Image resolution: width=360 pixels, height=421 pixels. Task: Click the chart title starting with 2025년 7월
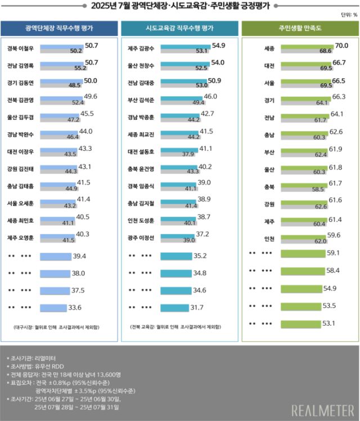coord(179,7)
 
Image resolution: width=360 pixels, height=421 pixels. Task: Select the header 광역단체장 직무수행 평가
coord(60,28)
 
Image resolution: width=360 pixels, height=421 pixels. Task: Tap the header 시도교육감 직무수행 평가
coord(179,28)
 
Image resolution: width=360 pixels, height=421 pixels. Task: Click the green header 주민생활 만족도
coord(299,28)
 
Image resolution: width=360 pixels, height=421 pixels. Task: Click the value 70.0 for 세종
coord(341,45)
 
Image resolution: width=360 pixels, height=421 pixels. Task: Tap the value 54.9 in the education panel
coord(218,45)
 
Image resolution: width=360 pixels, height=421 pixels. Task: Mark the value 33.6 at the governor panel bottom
coord(74,307)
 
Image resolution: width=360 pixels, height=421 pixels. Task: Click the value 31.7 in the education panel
coord(197,307)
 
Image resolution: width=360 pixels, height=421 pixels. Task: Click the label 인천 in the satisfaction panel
coord(269,238)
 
